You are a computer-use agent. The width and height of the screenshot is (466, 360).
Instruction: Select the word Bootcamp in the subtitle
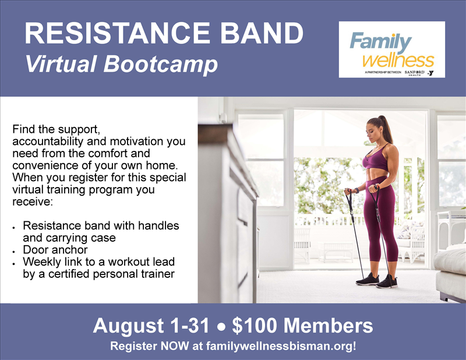(161, 65)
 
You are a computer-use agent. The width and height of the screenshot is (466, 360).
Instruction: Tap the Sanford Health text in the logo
(415, 73)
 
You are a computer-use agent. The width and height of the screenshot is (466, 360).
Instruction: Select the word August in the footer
(128, 326)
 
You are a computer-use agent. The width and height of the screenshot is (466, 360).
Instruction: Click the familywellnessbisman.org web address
(281, 346)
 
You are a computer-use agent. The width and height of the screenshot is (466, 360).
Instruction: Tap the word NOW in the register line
(174, 346)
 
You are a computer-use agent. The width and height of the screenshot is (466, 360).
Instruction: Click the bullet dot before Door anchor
(14, 252)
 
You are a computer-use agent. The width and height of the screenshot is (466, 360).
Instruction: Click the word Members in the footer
(328, 326)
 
